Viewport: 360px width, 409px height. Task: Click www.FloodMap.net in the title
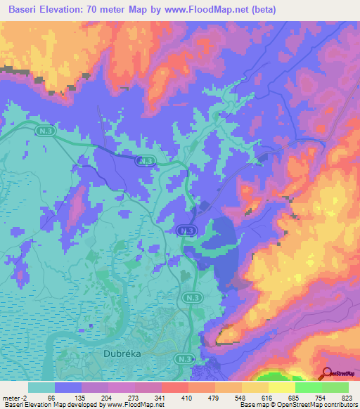210,10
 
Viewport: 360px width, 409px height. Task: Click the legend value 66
51,397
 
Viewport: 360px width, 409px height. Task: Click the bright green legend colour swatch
335,387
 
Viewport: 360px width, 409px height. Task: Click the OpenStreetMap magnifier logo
326,374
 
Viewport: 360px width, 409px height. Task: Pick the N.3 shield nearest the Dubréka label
185,359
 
